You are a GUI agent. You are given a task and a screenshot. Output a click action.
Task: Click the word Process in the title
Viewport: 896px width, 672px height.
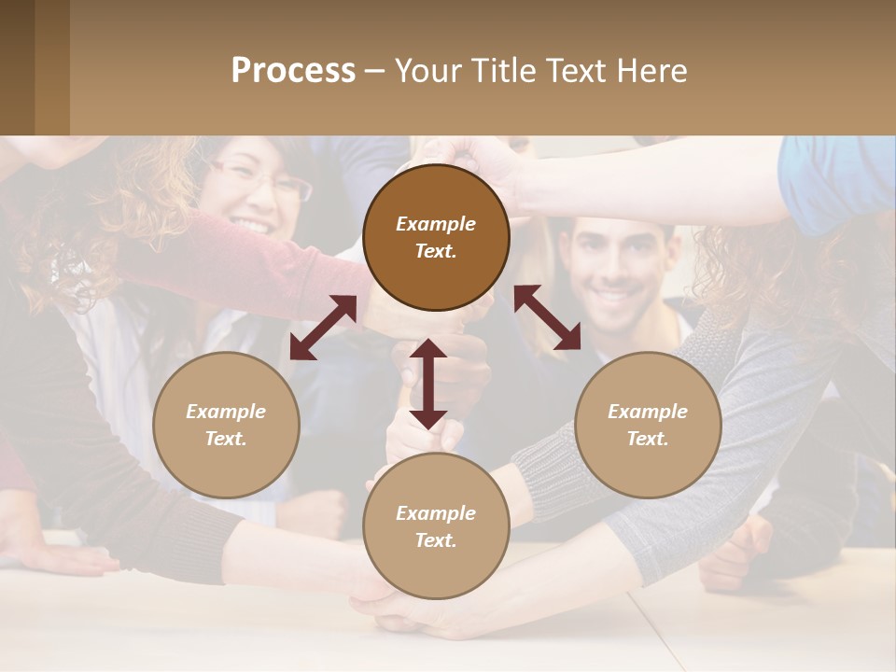click(x=293, y=71)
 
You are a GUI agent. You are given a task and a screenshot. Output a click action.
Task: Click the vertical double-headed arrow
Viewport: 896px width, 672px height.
click(x=428, y=384)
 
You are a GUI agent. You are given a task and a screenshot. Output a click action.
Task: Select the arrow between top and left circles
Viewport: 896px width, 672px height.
click(x=323, y=328)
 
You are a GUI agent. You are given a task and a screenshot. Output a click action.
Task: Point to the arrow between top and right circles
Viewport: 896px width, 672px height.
click(x=547, y=317)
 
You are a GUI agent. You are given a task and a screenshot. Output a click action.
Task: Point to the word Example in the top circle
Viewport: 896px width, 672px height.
click(x=436, y=224)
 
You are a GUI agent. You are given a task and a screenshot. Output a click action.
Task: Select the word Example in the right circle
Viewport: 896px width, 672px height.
click(x=648, y=412)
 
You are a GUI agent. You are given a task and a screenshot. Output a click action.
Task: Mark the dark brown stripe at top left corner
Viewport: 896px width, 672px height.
click(x=17, y=67)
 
